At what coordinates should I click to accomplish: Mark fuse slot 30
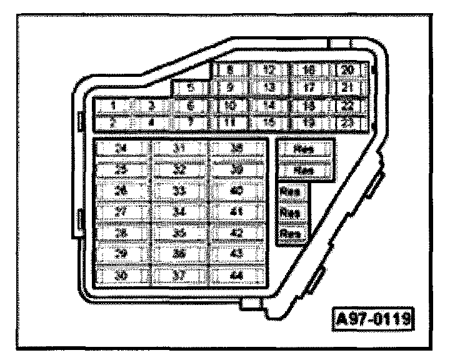pyautogui.click(x=121, y=274)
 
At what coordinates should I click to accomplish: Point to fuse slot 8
pyautogui.click(x=230, y=69)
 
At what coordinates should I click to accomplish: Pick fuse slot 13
pyautogui.click(x=270, y=87)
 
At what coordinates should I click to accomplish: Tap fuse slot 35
pyautogui.click(x=179, y=232)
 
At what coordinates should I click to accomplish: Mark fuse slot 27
pyautogui.click(x=121, y=211)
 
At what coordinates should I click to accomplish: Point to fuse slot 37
pyautogui.click(x=179, y=274)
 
